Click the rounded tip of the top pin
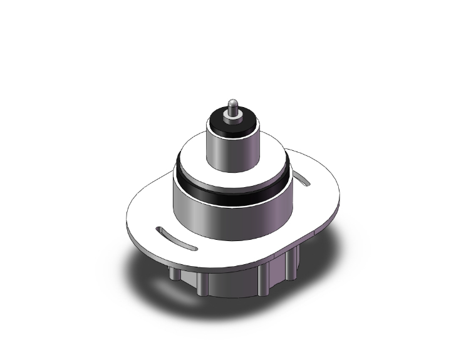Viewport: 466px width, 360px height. (x=234, y=102)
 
